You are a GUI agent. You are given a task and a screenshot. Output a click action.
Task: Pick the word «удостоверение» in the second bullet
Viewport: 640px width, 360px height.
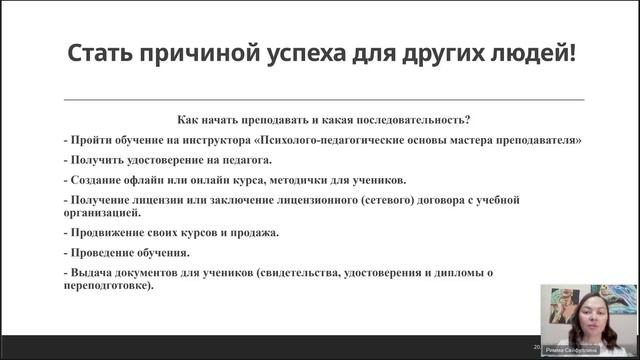(163, 159)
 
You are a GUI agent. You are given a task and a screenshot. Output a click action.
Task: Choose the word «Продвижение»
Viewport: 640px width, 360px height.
(108, 233)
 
